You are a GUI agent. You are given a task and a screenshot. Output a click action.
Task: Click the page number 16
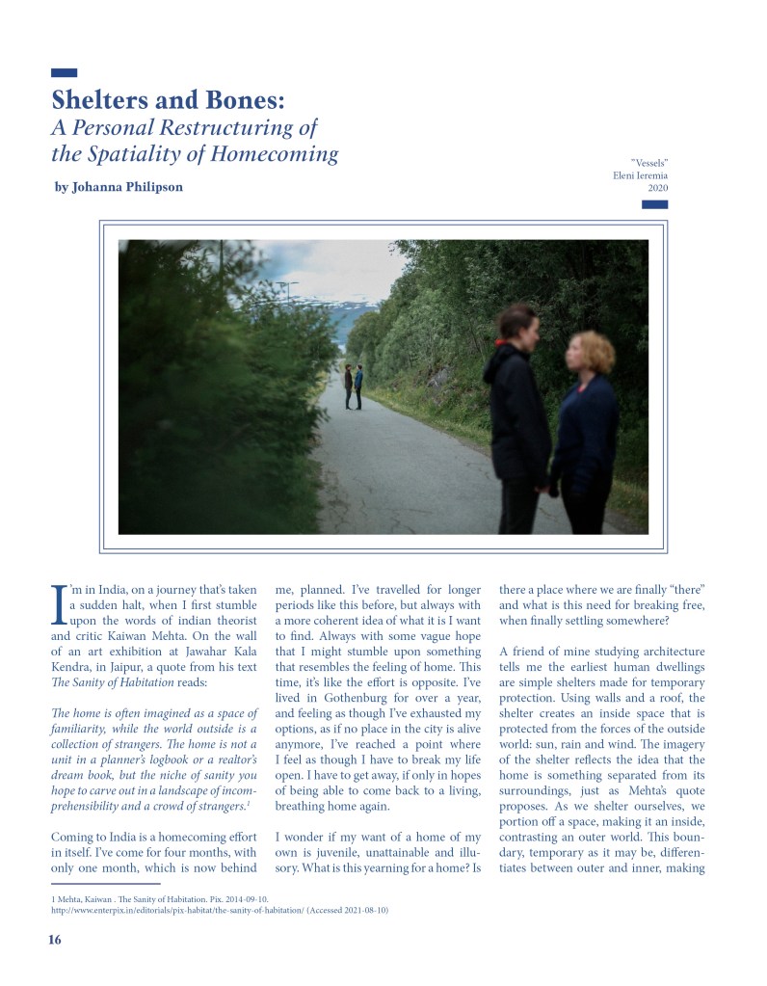(x=55, y=941)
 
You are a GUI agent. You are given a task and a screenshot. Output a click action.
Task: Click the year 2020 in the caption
(x=656, y=188)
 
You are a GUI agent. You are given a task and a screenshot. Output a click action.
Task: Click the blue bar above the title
(x=64, y=72)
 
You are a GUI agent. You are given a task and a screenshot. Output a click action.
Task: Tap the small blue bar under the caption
(x=654, y=204)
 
